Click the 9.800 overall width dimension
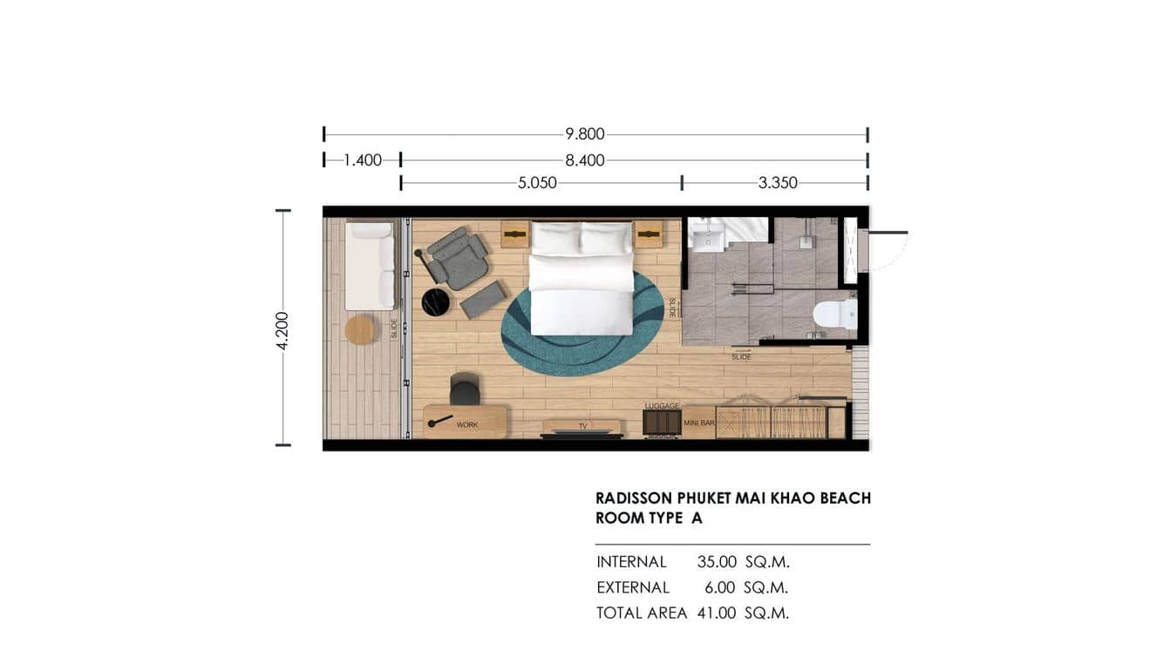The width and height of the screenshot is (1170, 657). pyautogui.click(x=584, y=134)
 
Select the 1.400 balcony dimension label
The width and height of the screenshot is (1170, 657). pyautogui.click(x=363, y=160)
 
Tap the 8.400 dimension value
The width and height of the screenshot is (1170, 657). pyautogui.click(x=584, y=160)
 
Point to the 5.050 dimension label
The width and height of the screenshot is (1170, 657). pyautogui.click(x=537, y=183)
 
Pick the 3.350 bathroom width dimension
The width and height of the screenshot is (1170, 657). pyautogui.click(x=778, y=183)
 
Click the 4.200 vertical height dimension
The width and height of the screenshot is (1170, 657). pyautogui.click(x=282, y=329)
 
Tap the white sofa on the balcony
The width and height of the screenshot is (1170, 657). pyautogui.click(x=370, y=266)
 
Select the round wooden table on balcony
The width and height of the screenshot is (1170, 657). pyautogui.click(x=360, y=329)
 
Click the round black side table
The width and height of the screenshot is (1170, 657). pyautogui.click(x=436, y=301)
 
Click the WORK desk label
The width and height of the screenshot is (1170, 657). pyautogui.click(x=467, y=425)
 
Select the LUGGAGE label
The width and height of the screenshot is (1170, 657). pyautogui.click(x=662, y=406)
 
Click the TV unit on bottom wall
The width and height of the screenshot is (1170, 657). pyautogui.click(x=582, y=427)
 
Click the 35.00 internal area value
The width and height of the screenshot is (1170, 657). pyautogui.click(x=717, y=562)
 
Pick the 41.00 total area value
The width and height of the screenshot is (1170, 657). pyautogui.click(x=717, y=613)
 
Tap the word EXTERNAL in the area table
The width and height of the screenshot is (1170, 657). pyautogui.click(x=633, y=587)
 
